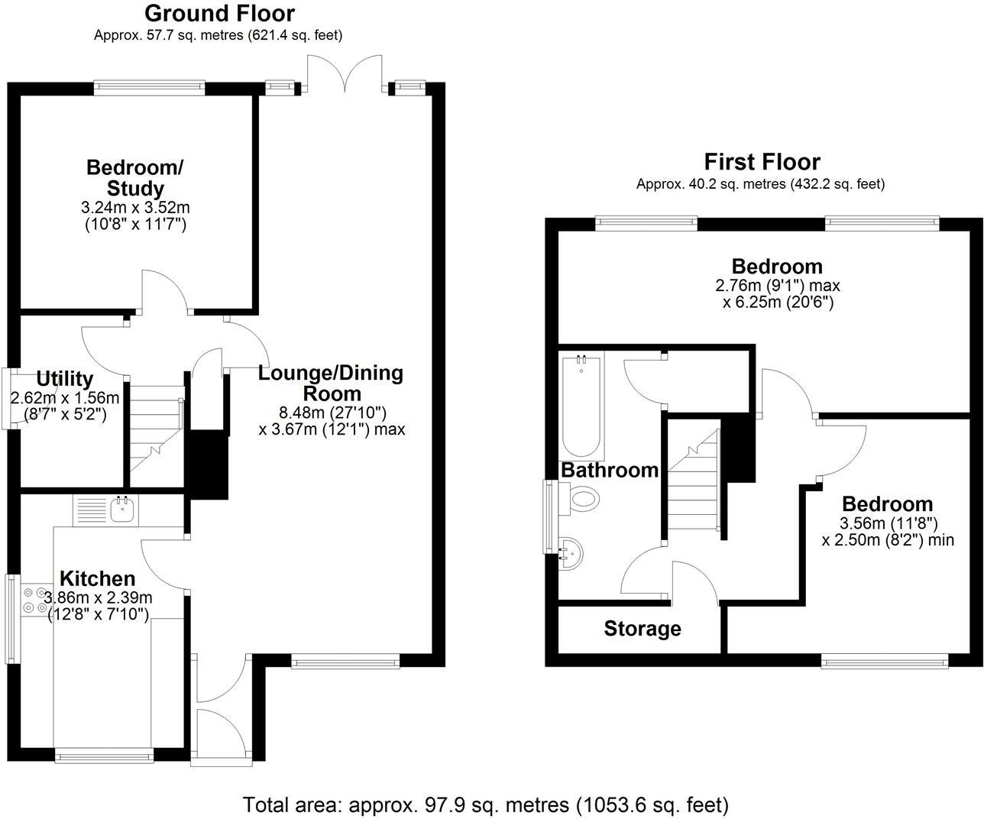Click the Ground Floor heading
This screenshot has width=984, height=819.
[218, 14]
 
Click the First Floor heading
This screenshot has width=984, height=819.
[762, 162]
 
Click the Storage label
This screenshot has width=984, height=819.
[642, 629]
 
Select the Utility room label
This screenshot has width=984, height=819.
[65, 379]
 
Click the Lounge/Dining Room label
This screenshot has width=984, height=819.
[331, 384]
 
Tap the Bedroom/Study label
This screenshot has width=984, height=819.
[135, 177]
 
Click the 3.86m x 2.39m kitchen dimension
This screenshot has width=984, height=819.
[99, 597]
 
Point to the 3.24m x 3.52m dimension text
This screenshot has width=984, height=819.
[135, 207]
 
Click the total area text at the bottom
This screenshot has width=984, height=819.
[486, 804]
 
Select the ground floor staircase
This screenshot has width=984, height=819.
[157, 435]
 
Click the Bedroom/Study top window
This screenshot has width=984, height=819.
[150, 88]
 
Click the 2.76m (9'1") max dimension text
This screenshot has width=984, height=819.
[777, 286]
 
